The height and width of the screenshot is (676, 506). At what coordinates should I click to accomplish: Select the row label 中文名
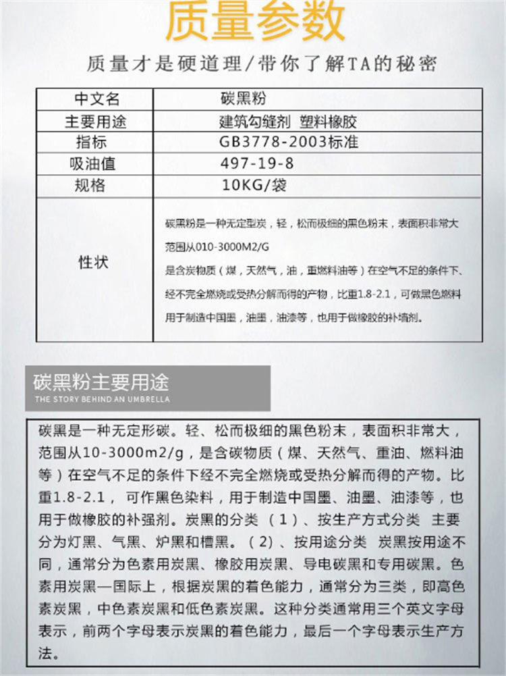(x=96, y=100)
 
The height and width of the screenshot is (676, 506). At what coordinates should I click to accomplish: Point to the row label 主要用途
(x=96, y=122)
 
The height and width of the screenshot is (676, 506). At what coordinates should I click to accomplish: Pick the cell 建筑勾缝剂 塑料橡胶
(x=288, y=122)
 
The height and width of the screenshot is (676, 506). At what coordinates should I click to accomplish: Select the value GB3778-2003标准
(x=289, y=142)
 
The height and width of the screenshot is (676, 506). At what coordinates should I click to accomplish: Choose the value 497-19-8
(x=257, y=164)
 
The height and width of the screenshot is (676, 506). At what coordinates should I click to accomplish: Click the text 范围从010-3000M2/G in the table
(x=213, y=246)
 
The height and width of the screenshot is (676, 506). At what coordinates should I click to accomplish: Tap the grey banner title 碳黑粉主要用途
(x=101, y=383)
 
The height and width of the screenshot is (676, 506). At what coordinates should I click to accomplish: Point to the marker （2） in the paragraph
(x=260, y=542)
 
